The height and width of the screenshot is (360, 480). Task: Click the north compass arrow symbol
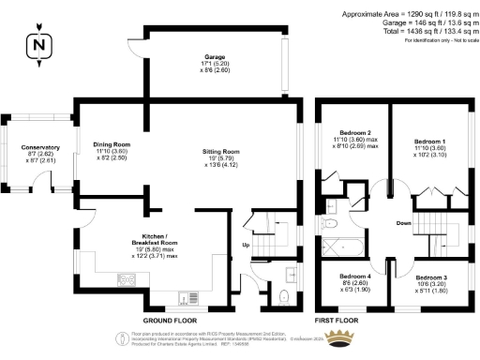[36, 44]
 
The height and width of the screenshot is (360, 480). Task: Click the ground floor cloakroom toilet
[284, 298]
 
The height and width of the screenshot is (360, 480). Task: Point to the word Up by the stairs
[246, 247]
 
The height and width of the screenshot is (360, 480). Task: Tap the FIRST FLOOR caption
[337, 320]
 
